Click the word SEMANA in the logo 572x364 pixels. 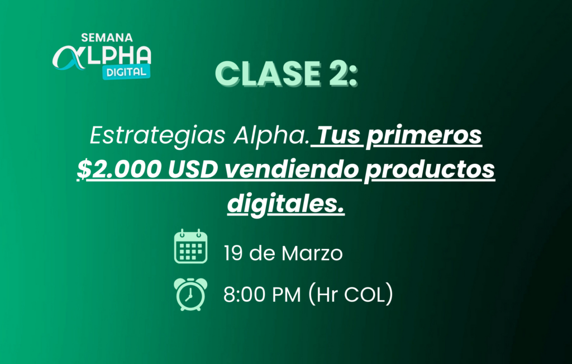tap(107, 37)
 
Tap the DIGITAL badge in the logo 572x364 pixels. tap(126, 72)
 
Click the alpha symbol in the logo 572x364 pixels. tap(69, 58)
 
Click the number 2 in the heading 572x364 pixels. tap(338, 73)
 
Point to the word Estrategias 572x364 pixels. tap(158, 136)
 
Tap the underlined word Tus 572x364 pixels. tap(340, 135)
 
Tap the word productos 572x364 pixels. tap(430, 170)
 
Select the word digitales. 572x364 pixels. tap(285, 204)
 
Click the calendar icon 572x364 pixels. tap(191, 247)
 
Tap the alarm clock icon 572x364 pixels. tap(190, 294)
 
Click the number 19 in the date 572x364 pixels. tap(233, 253)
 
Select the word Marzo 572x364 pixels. tap(312, 253)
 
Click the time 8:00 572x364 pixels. tap(244, 295)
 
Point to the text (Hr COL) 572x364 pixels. tap(351, 294)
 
